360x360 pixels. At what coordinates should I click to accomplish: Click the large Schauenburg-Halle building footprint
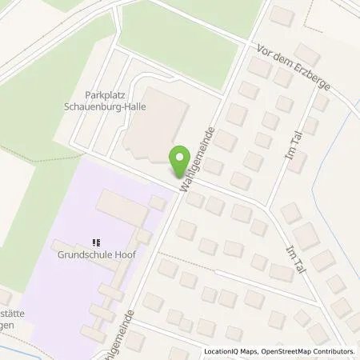(x=156, y=128)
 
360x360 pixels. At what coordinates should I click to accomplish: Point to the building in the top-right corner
(x=282, y=15)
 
